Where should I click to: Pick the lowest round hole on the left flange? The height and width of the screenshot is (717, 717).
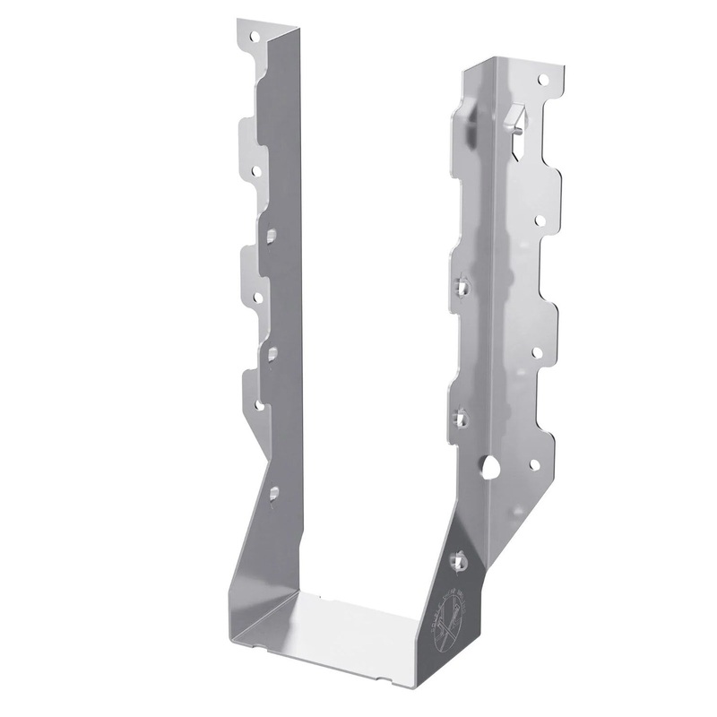[260, 405]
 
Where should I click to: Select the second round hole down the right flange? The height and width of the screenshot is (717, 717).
[541, 218]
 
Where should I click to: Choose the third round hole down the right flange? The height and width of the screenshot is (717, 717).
[539, 353]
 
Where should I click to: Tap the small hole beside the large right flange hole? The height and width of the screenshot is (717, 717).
[535, 464]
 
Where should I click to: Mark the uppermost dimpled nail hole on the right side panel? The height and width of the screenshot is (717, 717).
[462, 286]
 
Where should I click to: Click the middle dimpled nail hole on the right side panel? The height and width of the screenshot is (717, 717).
[463, 415]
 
